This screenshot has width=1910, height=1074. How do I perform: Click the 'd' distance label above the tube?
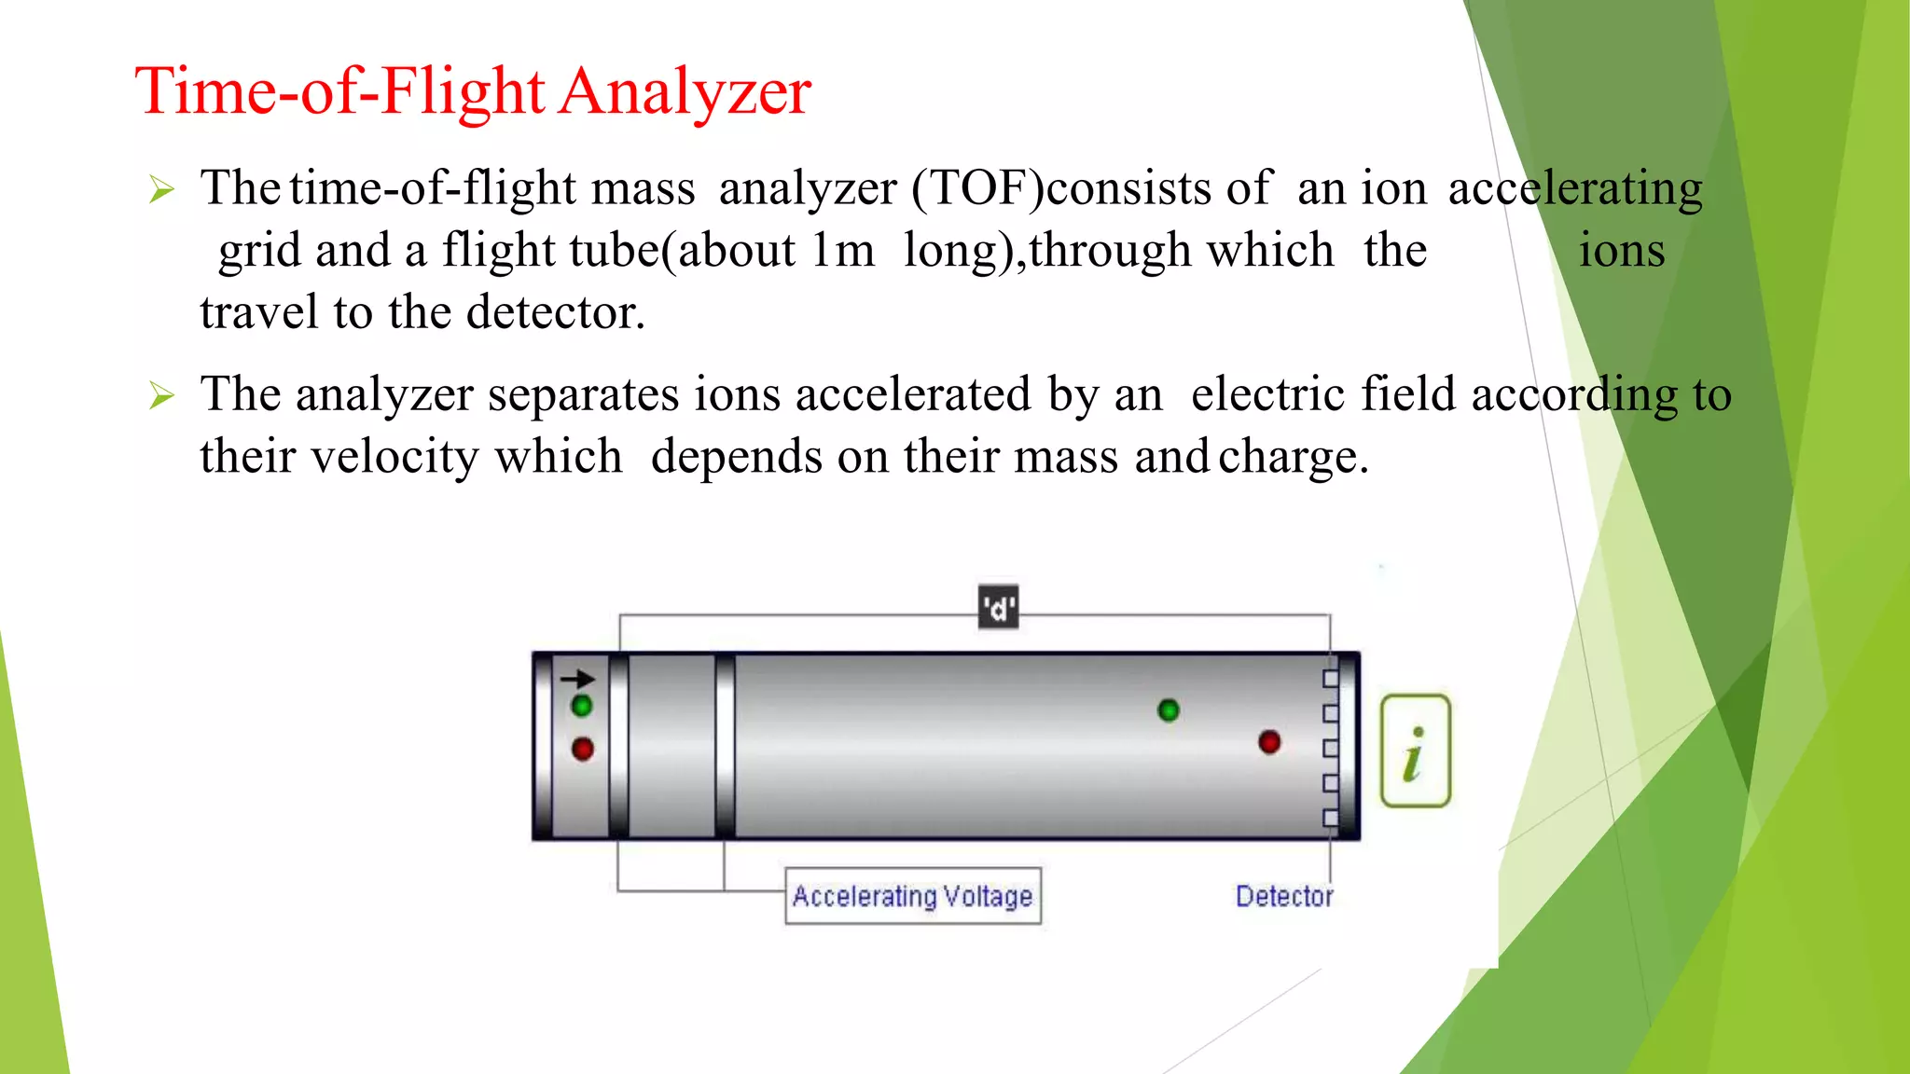coord(998,609)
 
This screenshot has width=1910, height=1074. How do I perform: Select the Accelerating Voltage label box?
coord(912,896)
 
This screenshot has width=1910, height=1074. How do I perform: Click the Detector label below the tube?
coord(1283,896)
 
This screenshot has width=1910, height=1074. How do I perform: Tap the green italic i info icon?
coord(1415,750)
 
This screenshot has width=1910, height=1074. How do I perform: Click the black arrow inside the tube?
coord(577,679)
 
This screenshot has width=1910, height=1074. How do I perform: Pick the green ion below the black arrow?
coord(582,706)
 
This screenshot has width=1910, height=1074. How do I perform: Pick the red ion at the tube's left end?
coord(583,749)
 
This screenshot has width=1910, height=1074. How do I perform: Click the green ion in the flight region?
coord(1168,710)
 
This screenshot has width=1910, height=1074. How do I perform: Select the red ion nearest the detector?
coord(1269,742)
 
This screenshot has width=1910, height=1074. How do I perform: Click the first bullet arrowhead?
coord(162,191)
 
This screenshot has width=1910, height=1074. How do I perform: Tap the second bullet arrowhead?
coord(162,397)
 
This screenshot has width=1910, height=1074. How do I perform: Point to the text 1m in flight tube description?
coord(842,251)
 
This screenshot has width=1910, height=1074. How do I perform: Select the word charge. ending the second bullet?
coord(1294,458)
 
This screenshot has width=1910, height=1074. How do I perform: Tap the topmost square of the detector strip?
coord(1331,679)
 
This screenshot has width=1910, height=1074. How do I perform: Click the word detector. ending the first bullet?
coord(556,312)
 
